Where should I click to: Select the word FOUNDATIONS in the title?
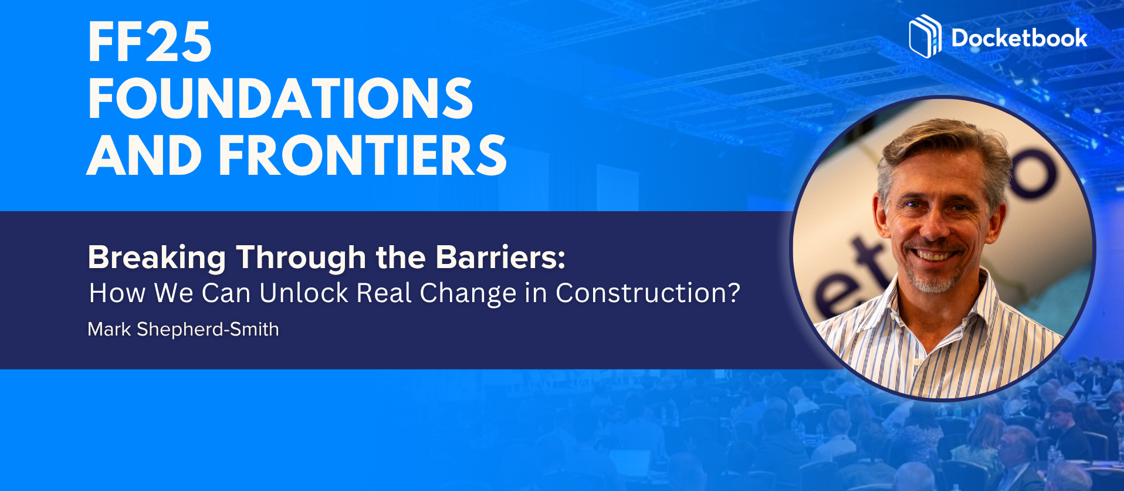[x=280, y=98]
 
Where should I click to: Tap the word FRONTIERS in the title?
[x=363, y=155]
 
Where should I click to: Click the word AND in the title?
[x=145, y=155]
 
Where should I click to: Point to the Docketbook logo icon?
[x=925, y=36]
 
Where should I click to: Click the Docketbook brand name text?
[x=1019, y=38]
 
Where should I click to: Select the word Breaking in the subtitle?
[x=157, y=258]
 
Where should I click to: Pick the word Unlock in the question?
[x=304, y=293]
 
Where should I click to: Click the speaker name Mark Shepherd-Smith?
[x=183, y=329]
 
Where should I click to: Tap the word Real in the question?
[x=384, y=293]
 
